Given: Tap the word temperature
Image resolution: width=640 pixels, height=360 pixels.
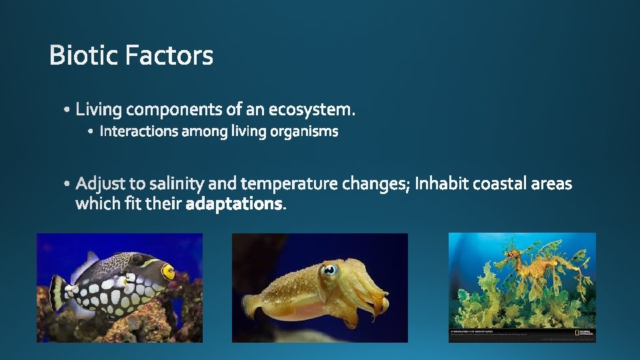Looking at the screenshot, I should [x=290, y=183].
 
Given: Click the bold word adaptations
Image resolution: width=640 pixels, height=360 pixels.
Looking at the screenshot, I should [x=234, y=204].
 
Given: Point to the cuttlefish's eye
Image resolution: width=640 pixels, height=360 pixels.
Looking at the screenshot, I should [x=329, y=270].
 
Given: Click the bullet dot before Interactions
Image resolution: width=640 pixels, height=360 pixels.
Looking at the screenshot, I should [x=91, y=133].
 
